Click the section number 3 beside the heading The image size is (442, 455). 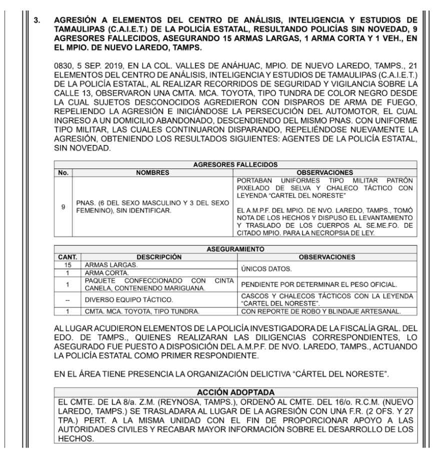pyautogui.click(x=36, y=22)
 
